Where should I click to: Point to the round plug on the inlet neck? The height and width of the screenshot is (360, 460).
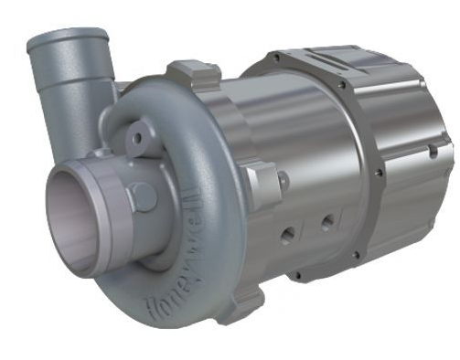tap(144, 196)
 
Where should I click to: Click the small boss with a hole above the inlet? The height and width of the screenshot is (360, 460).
tap(139, 138)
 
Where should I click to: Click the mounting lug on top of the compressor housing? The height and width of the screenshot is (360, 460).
tap(194, 72)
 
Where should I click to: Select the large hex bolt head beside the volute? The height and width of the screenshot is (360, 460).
tap(262, 183)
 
